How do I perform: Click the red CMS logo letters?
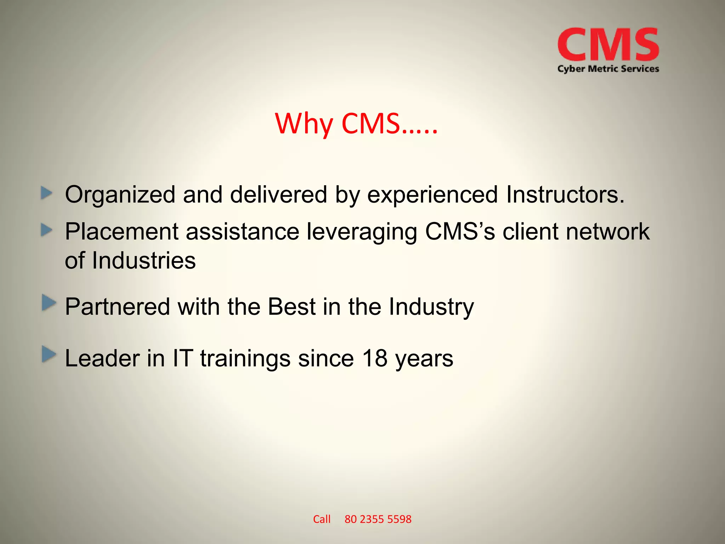(x=608, y=45)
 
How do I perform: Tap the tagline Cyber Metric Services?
(x=608, y=69)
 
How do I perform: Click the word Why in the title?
(x=304, y=124)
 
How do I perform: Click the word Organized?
(x=120, y=195)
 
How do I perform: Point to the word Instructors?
(x=565, y=194)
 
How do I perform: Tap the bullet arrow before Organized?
(x=47, y=193)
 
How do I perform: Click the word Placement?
(x=121, y=232)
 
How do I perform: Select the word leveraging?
(x=361, y=232)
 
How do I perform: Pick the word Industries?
(x=144, y=261)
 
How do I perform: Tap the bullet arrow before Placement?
(x=47, y=231)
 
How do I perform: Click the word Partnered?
(x=117, y=306)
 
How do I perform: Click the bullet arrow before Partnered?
(x=48, y=303)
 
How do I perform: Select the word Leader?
(x=102, y=358)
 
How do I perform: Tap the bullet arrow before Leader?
(x=48, y=355)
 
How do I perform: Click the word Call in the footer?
(x=321, y=519)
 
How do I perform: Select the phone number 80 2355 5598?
(x=378, y=519)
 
